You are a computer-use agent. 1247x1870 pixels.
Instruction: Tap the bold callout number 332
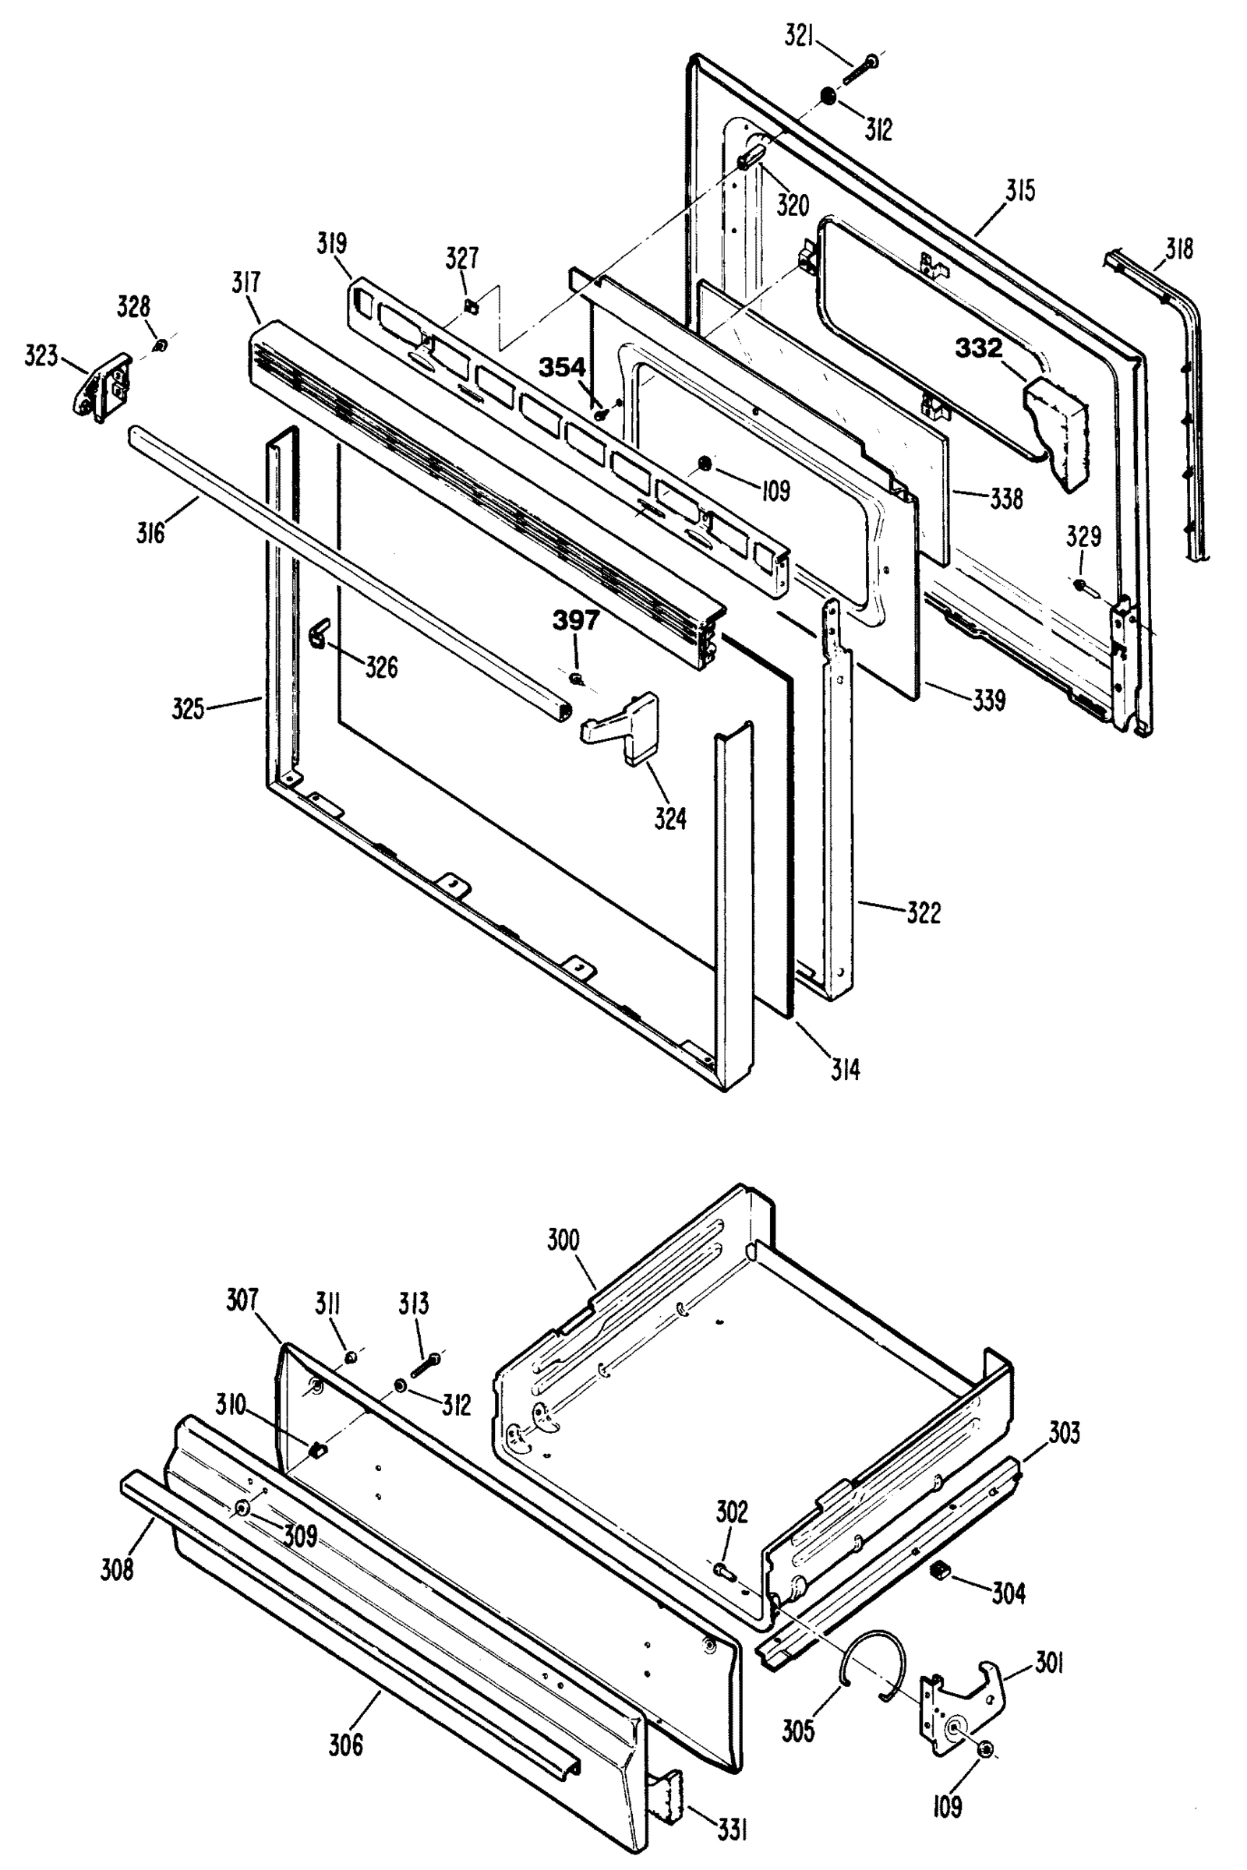(978, 348)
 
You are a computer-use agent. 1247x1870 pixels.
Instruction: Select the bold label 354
(562, 367)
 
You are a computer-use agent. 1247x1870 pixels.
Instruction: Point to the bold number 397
(576, 621)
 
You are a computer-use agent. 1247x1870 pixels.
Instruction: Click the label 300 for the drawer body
(563, 1240)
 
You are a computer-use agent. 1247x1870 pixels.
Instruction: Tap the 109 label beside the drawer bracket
(946, 1807)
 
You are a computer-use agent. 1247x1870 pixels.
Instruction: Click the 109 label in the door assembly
(775, 491)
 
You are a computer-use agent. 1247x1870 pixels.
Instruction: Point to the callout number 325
(189, 707)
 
